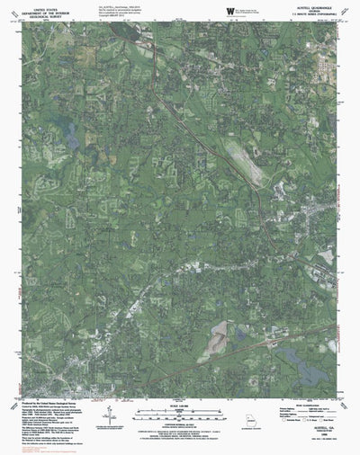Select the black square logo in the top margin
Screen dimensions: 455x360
point(232,9)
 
